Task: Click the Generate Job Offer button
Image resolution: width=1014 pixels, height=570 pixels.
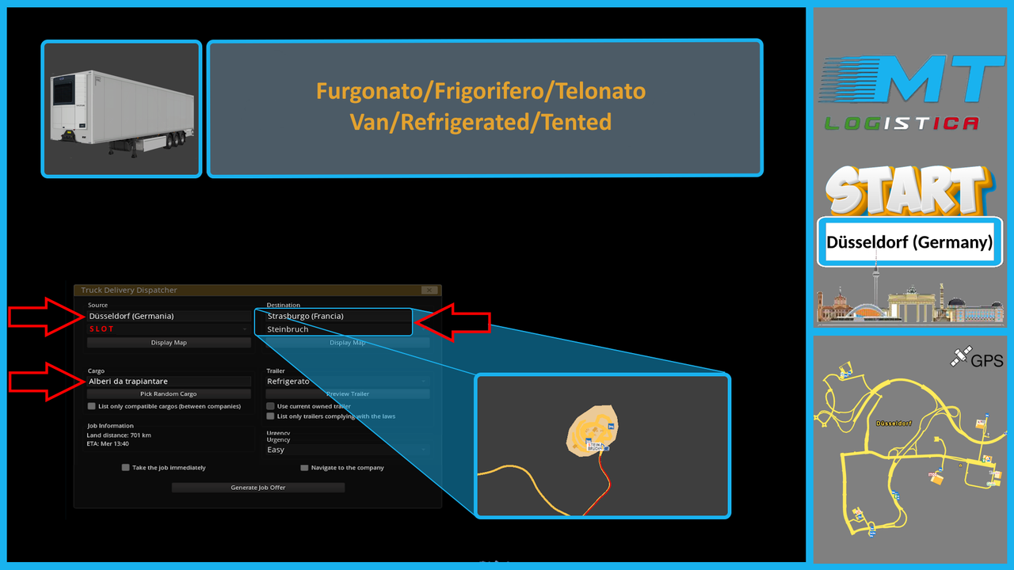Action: click(x=258, y=488)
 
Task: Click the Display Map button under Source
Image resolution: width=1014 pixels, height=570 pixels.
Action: click(x=169, y=343)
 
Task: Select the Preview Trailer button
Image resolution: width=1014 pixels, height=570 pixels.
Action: click(x=348, y=393)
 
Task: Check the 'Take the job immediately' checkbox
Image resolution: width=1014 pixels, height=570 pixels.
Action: click(x=126, y=468)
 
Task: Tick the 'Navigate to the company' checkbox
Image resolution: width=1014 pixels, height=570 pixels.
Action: click(x=304, y=468)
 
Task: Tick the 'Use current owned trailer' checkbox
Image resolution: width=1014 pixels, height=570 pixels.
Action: click(x=271, y=406)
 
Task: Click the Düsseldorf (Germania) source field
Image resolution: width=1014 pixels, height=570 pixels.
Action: click(x=169, y=316)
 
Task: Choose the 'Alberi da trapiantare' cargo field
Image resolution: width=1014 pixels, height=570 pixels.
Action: click(x=169, y=382)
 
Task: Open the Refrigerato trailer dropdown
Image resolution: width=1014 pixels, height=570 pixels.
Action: click(x=348, y=382)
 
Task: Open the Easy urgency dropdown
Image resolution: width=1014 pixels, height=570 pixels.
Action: click(x=348, y=450)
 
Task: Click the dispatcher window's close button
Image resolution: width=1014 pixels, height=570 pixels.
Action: click(x=429, y=291)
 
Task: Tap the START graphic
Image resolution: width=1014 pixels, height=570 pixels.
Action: click(x=909, y=192)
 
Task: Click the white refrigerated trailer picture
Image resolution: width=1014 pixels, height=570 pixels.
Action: click(x=121, y=109)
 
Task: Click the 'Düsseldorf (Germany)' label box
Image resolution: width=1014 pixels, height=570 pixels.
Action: click(x=909, y=242)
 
